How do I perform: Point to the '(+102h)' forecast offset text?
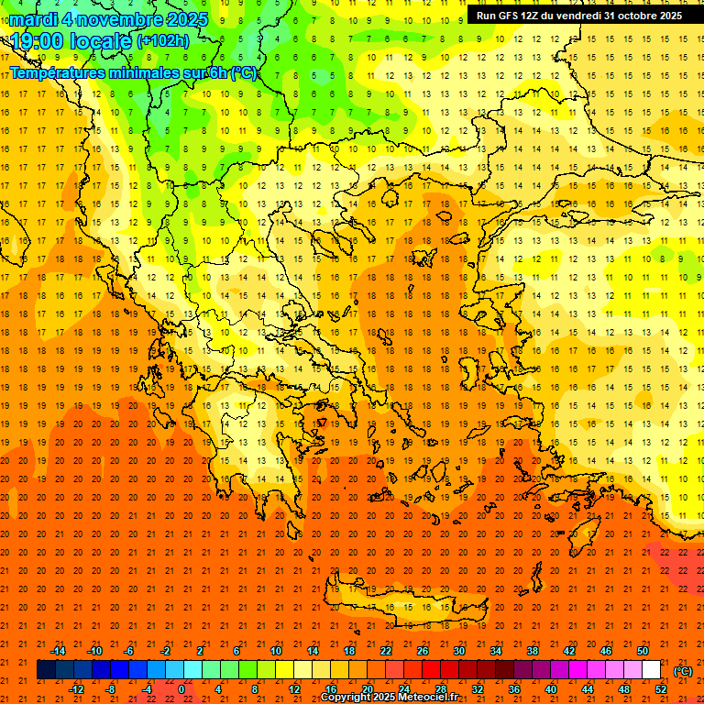(x=162, y=40)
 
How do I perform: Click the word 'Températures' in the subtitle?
(x=61, y=72)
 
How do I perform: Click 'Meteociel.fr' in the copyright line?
(x=427, y=698)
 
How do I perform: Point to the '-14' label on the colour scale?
(x=57, y=651)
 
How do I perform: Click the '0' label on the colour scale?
(x=181, y=689)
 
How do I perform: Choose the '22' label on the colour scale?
(x=386, y=651)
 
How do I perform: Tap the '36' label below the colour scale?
(x=514, y=689)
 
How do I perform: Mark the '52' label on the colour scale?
(x=661, y=689)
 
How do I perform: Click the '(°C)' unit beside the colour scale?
(x=683, y=671)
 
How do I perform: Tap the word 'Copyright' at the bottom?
(x=347, y=698)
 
